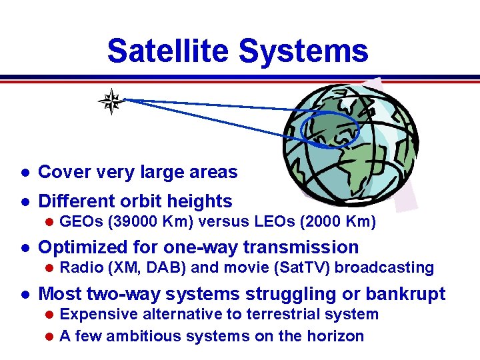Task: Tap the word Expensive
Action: [x=98, y=314]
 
